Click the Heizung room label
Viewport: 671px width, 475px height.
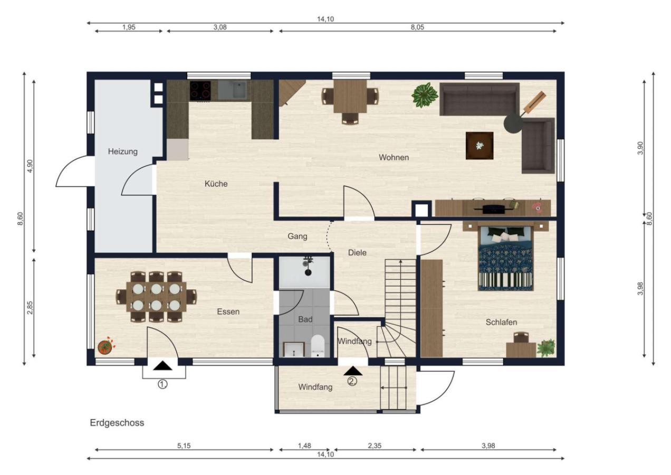[x=123, y=151]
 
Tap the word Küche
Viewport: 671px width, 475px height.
[x=216, y=184]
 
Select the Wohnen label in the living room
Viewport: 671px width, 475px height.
[x=394, y=157]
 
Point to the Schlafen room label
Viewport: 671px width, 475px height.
[x=501, y=322]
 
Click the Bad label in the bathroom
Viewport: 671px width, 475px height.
[x=305, y=319]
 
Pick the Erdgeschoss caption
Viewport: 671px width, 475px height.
[x=117, y=423]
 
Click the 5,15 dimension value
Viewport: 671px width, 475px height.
[x=184, y=445]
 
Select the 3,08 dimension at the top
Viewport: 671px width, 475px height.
[x=220, y=27]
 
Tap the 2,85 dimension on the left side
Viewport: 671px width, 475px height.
[x=30, y=308]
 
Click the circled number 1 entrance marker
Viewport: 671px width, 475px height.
[x=162, y=384]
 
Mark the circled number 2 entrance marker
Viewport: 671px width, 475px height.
[x=352, y=381]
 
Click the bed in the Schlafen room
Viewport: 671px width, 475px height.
[x=506, y=258]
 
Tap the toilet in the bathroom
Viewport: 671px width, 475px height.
[x=318, y=346]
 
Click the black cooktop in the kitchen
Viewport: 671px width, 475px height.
[x=200, y=91]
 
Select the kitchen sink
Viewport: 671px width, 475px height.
[x=233, y=89]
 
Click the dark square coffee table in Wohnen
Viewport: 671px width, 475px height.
[x=480, y=146]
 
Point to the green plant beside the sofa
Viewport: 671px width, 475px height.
[x=425, y=95]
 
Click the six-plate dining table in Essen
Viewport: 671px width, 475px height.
[x=156, y=297]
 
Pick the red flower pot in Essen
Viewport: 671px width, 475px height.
[x=106, y=347]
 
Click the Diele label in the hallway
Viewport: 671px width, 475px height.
[x=357, y=253]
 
